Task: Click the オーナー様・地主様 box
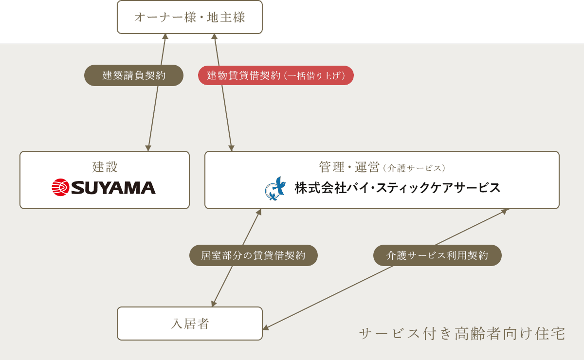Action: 190,17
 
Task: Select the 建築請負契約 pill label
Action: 134,75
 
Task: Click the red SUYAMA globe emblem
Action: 60,187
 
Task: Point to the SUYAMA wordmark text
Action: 113,188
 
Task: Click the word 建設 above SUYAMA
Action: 105,167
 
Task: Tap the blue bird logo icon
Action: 275,188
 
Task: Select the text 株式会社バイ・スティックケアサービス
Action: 397,188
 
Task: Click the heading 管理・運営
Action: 349,167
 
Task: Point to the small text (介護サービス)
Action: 414,168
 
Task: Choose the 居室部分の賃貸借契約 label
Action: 254,255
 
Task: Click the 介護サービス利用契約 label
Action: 437,255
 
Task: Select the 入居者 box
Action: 190,324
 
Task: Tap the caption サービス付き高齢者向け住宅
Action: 462,334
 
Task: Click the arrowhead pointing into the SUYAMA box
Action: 148,148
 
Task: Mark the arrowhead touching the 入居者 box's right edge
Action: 266,327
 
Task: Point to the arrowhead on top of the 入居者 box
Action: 214,304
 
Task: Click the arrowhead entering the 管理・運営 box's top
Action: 232,148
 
